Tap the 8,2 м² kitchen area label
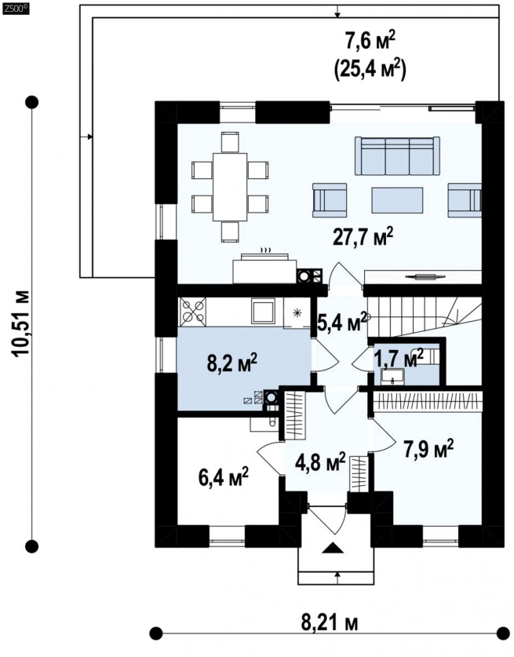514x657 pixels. [231, 363]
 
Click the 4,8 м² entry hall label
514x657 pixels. [320, 462]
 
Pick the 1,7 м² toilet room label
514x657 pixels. [399, 358]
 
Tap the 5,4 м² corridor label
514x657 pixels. [342, 321]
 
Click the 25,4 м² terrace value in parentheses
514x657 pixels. [370, 70]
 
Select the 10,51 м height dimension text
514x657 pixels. [21, 323]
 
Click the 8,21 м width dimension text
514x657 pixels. [330, 623]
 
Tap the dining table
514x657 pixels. [230, 187]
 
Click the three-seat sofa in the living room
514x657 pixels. [397, 155]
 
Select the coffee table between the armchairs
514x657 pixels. [397, 200]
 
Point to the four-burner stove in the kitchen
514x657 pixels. [193, 311]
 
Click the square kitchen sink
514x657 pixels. [263, 311]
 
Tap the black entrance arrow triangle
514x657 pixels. [332, 548]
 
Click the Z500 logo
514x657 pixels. [16, 7]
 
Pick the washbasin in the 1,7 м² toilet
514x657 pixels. [392, 376]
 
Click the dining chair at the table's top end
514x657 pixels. [230, 141]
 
